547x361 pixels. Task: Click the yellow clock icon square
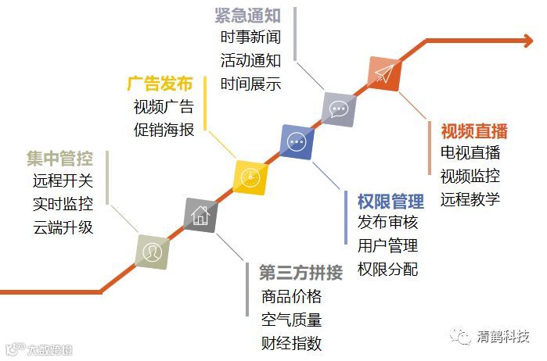pyautogui.click(x=251, y=177)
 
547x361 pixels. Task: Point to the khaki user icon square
pyautogui.click(x=152, y=252)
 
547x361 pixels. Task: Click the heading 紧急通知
pyautogui.click(x=246, y=14)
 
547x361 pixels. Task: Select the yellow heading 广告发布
pyautogui.click(x=159, y=84)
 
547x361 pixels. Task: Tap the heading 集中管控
pyautogui.click(x=59, y=159)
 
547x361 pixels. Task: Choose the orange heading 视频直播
pyautogui.click(x=473, y=130)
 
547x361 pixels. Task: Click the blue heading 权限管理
pyautogui.click(x=390, y=202)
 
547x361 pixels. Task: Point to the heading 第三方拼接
pyautogui.click(x=300, y=273)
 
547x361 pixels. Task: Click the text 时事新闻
pyautogui.click(x=250, y=37)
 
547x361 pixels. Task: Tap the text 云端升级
pyautogui.click(x=63, y=227)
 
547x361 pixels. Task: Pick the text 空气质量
pyautogui.click(x=292, y=320)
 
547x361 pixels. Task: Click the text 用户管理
pyautogui.click(x=388, y=246)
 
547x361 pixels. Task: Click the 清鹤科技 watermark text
pyautogui.click(x=504, y=338)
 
